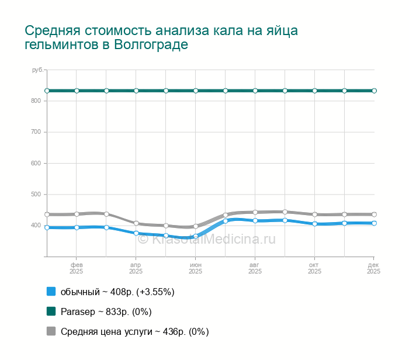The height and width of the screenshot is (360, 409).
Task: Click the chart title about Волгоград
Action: pos(165,37)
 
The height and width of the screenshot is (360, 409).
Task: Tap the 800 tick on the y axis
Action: pos(36,101)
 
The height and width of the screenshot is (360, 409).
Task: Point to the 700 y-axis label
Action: pos(36,132)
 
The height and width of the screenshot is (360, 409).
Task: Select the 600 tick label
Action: pos(36,163)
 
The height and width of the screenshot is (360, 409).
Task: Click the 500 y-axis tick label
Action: pos(36,194)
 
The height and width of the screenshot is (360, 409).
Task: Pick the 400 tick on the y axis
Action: pos(36,225)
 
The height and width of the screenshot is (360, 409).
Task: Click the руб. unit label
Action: pos(37,70)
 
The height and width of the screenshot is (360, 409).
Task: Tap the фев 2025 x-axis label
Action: pos(77,268)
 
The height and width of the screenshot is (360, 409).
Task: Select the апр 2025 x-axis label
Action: pos(136,268)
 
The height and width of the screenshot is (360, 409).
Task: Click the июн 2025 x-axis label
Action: pos(196,268)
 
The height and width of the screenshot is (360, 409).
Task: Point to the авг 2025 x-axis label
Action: pos(255,268)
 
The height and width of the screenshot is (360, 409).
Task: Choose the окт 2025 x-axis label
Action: pos(315,268)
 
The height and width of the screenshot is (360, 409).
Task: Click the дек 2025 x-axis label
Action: pos(373,268)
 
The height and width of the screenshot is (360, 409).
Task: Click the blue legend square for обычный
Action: pos(51,292)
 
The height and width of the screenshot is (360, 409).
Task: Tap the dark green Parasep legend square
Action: pos(51,311)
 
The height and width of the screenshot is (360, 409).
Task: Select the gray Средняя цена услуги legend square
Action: pos(51,331)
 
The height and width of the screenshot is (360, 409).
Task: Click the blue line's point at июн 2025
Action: pos(196,237)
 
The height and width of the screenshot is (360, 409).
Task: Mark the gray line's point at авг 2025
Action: pos(255,212)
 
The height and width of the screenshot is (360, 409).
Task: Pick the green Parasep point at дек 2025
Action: pos(375,91)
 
